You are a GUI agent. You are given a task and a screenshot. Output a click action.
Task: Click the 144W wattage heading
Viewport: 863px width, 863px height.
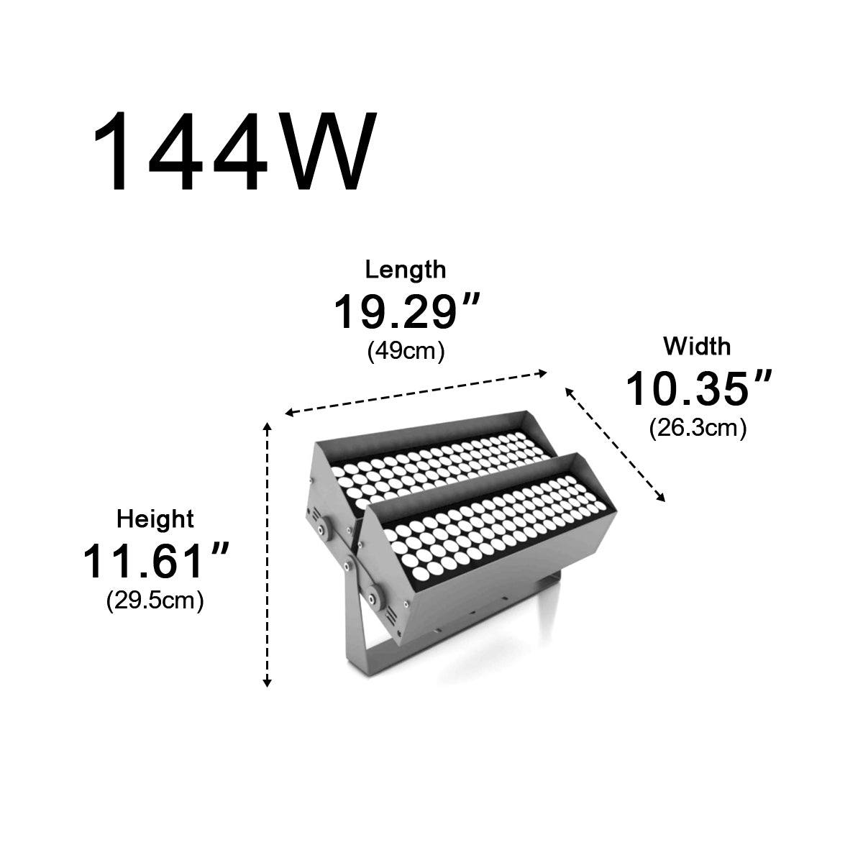point(234,152)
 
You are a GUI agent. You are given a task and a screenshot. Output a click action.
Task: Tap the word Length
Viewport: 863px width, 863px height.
point(406,270)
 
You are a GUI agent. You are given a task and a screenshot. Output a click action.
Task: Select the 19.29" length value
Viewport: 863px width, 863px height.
point(406,311)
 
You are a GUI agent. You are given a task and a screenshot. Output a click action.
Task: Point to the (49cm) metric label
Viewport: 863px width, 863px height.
point(406,352)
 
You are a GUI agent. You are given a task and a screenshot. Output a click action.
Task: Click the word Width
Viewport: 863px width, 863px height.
point(697,347)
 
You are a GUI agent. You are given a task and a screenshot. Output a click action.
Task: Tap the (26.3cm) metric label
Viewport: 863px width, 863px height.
point(698,429)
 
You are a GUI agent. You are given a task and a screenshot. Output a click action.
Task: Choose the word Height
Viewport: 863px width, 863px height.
point(155,519)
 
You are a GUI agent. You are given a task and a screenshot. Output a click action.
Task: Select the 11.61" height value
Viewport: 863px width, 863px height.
point(155,561)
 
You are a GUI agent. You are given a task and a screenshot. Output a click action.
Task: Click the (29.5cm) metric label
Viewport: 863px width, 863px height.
point(155,601)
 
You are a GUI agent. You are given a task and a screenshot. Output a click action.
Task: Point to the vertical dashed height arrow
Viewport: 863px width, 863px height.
point(268,554)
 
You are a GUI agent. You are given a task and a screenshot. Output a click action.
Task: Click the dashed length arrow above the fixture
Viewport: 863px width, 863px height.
point(417,393)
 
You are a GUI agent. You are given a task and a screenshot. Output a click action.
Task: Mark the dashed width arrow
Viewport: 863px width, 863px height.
point(616,444)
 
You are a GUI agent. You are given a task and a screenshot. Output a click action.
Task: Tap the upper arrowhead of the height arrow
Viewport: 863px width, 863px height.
point(268,427)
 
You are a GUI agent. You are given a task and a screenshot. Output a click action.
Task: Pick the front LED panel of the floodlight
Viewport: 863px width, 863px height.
point(496,529)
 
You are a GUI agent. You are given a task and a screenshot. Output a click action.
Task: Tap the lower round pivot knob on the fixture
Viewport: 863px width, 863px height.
point(374,595)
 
